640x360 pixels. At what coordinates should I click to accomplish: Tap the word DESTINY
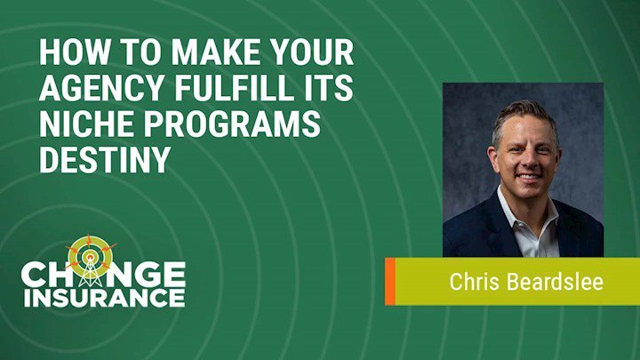105,159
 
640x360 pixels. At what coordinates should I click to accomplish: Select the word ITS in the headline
332,88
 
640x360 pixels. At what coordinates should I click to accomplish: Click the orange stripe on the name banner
390,281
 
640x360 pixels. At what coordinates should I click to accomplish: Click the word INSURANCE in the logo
105,298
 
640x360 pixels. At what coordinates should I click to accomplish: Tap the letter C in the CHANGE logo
32,275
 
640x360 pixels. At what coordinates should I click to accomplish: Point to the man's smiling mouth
528,177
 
